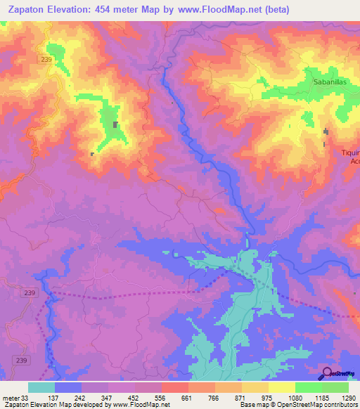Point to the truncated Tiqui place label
click(x=350, y=153)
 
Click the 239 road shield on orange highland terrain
click(x=47, y=60)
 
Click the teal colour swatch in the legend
click(x=41, y=387)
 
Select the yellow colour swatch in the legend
click(x=281, y=387)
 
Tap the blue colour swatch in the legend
click(x=68, y=387)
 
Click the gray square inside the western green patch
click(x=115, y=125)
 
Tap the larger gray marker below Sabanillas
click(x=326, y=131)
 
